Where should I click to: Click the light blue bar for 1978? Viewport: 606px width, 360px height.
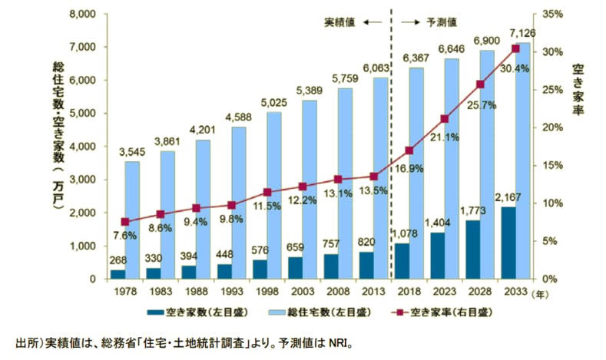coord(132,220)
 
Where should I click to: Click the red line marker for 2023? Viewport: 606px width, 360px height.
coord(444,119)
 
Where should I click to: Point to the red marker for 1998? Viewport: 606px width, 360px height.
coord(267,192)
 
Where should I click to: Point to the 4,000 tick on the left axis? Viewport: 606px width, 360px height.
coord(80,146)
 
